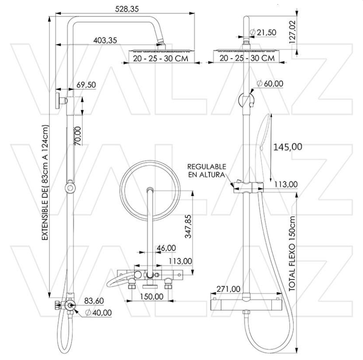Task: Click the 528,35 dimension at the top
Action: point(126,9)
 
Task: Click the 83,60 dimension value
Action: point(95,301)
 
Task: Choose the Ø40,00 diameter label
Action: point(98,312)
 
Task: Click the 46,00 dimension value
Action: point(166,248)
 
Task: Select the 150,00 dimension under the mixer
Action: point(152,296)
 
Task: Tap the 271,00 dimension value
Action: point(228,289)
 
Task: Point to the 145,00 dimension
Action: point(288,147)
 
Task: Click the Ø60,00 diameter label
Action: point(270,83)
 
